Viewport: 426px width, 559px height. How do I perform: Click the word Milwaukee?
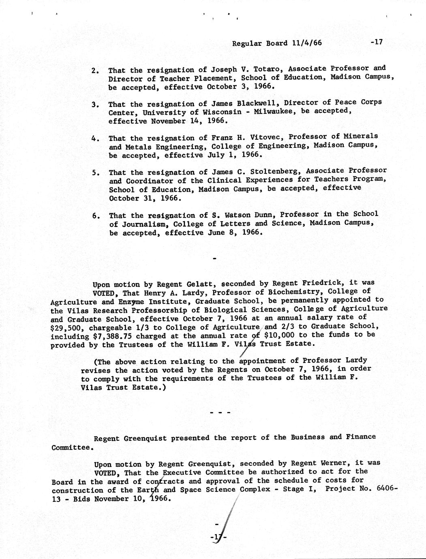click(x=275, y=111)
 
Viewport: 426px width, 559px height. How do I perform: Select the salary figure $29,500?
click(x=66, y=327)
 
